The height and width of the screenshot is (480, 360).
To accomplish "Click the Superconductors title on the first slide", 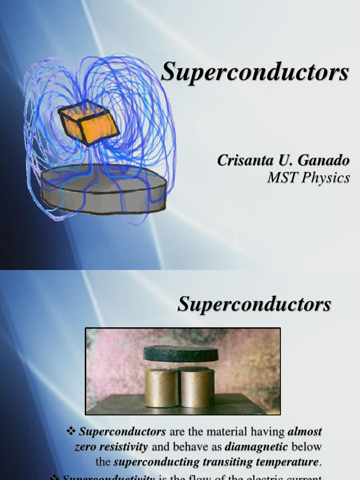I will (255, 73).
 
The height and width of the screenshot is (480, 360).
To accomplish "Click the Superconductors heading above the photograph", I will (254, 305).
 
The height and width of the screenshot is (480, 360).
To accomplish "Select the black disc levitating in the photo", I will (181, 353).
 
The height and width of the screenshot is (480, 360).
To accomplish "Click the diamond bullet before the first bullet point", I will (71, 431).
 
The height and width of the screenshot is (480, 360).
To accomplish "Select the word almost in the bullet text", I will (305, 431).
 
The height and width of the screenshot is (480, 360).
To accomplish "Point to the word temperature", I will (290, 462).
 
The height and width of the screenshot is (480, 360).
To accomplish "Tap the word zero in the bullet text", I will (86, 447).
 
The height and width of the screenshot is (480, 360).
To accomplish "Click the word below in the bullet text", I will (306, 447).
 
